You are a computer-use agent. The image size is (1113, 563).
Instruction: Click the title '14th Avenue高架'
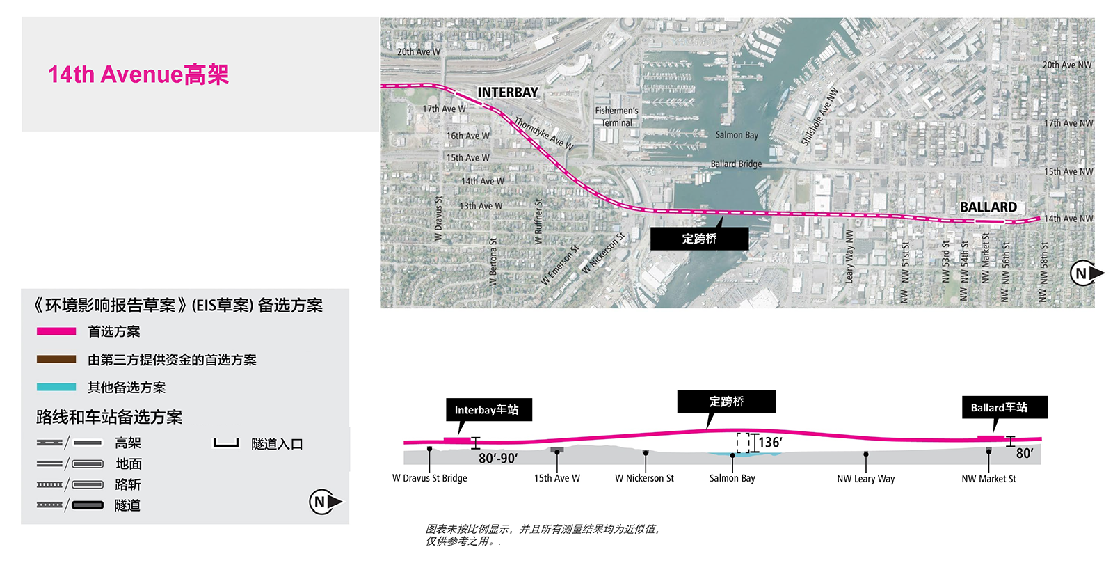(x=138, y=74)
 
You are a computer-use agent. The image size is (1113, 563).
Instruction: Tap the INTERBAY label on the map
(x=508, y=93)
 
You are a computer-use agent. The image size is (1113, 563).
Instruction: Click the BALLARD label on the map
(x=988, y=207)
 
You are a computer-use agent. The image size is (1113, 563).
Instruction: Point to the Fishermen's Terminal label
(x=616, y=117)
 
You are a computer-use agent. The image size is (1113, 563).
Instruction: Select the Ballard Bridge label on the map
(x=736, y=164)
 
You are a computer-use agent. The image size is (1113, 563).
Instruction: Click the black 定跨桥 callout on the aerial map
(x=700, y=239)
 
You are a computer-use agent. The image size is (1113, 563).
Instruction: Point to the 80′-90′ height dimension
(x=498, y=458)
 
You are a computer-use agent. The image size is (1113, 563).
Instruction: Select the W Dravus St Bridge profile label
(x=429, y=478)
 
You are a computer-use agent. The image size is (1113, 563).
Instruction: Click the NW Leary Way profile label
(x=865, y=479)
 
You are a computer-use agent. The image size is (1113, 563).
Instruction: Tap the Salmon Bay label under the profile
(x=732, y=478)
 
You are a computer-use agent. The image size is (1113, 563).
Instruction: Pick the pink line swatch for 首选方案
(x=56, y=331)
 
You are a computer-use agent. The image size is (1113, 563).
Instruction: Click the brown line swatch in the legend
(x=56, y=359)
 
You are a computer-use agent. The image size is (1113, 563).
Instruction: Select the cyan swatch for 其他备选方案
(x=56, y=387)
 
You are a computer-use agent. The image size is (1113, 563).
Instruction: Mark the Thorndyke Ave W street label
(x=544, y=133)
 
